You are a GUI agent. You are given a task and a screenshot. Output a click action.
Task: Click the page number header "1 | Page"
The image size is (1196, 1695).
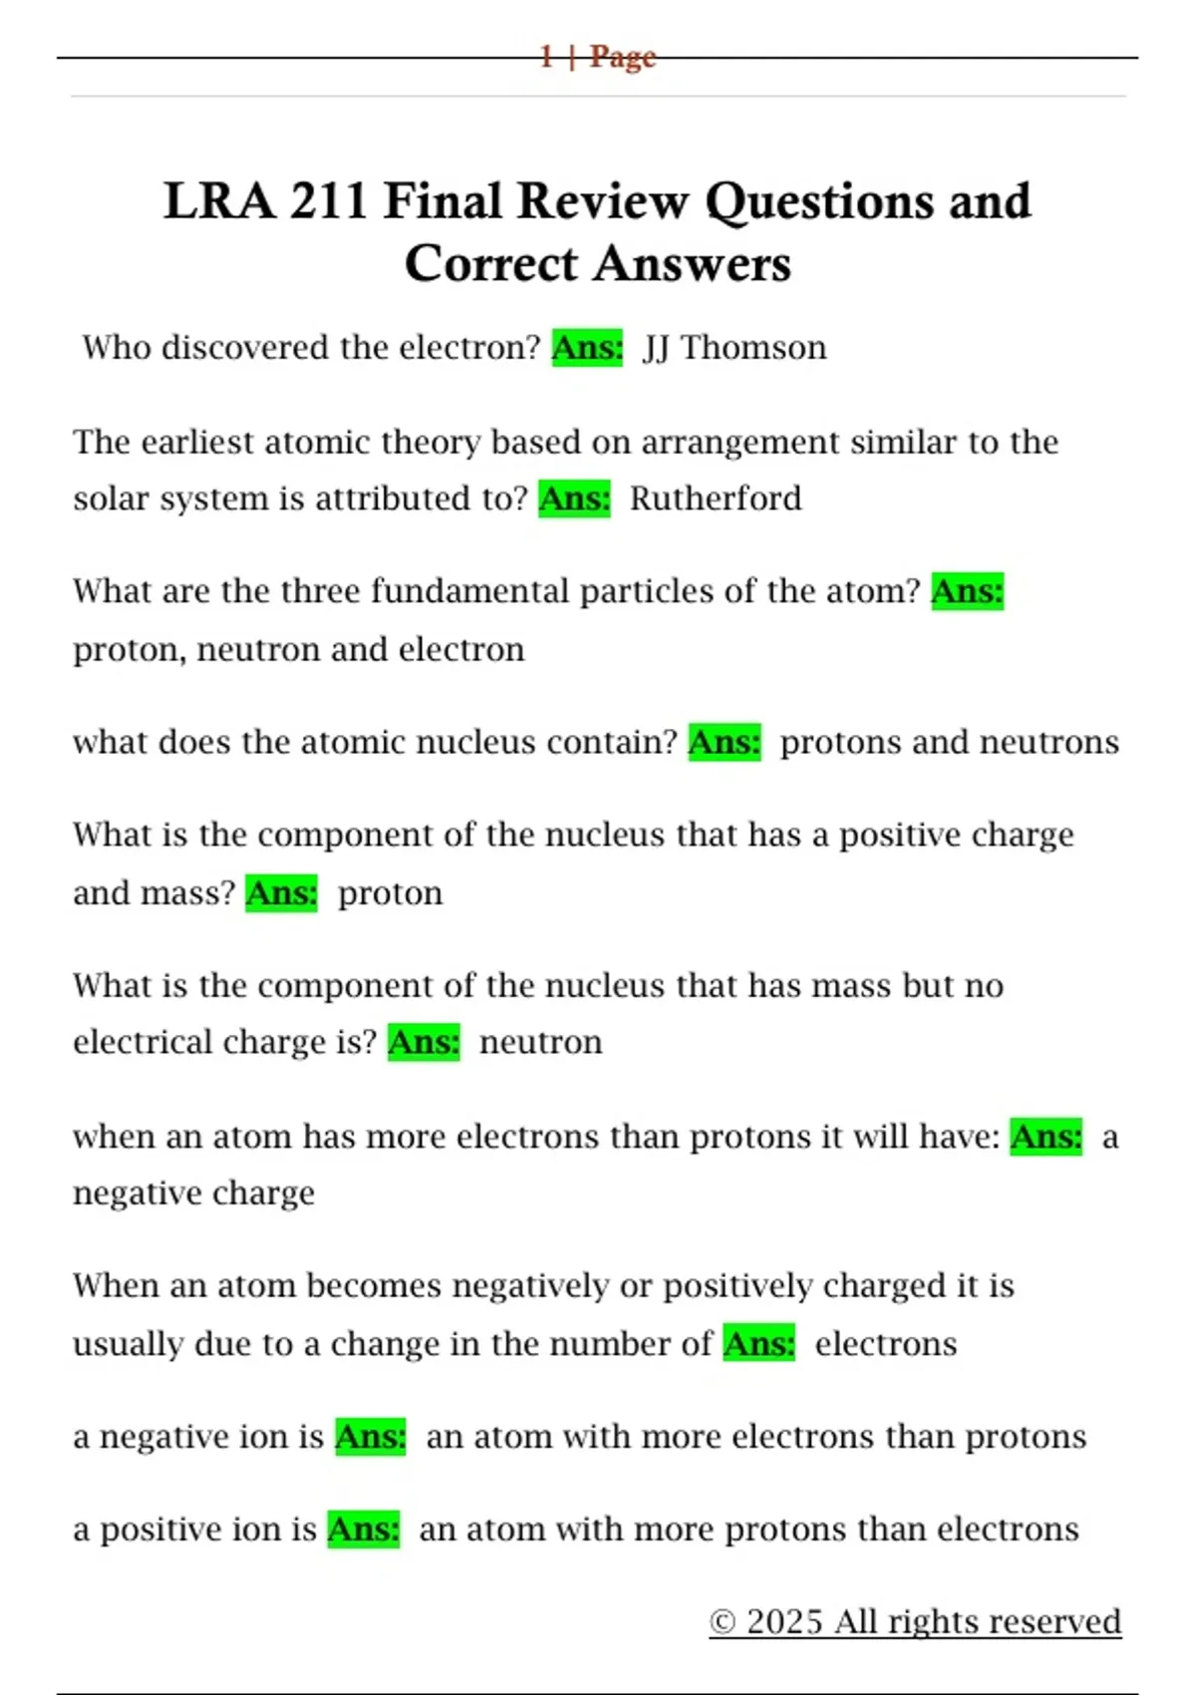point(597,56)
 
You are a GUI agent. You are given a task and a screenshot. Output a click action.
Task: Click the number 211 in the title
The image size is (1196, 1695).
point(328,200)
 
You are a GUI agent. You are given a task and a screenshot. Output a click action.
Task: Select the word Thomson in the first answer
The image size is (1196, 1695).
point(753,348)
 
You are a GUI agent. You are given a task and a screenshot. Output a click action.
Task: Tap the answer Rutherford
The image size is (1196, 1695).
point(715,498)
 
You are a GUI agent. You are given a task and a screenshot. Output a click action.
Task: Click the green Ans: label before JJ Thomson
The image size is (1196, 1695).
point(587,348)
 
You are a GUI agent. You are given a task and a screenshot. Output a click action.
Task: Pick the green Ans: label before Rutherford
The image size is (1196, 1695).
point(574,498)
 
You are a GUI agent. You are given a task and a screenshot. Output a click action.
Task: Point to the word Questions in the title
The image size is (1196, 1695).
point(818,202)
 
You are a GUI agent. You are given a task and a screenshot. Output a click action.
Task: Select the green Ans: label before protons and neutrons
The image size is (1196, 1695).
point(725,742)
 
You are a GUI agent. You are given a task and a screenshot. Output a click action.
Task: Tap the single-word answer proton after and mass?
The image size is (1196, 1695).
point(390,893)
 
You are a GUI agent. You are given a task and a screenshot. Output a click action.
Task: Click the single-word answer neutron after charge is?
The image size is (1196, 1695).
point(540,1042)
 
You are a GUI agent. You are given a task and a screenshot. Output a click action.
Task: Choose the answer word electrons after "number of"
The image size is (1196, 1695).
point(885,1344)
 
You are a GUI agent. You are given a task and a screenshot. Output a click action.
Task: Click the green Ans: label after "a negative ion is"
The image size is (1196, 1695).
point(371,1437)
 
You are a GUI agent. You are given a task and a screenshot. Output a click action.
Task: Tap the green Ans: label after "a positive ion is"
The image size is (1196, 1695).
point(364,1529)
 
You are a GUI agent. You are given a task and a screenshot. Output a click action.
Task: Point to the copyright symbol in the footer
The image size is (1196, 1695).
point(723,1622)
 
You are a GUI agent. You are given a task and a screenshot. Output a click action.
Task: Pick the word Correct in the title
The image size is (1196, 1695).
point(491,264)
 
